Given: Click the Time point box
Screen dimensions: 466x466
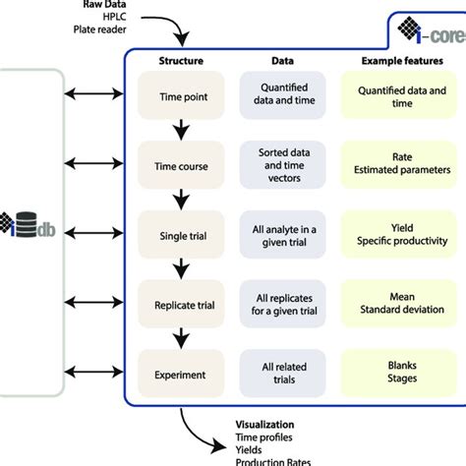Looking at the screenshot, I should [x=181, y=97].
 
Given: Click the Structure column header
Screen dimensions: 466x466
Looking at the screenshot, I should [x=181, y=60].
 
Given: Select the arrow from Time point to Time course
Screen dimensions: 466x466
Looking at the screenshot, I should [x=181, y=130].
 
